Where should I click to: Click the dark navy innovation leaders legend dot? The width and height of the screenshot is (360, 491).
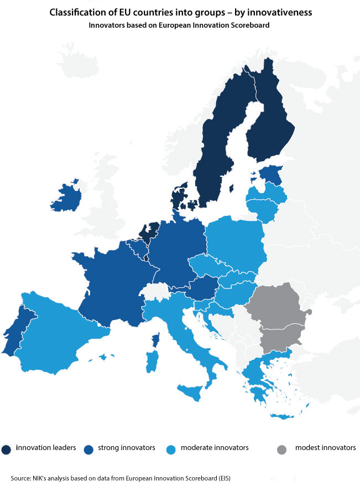7,448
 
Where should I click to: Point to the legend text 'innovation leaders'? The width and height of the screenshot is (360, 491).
46,447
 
